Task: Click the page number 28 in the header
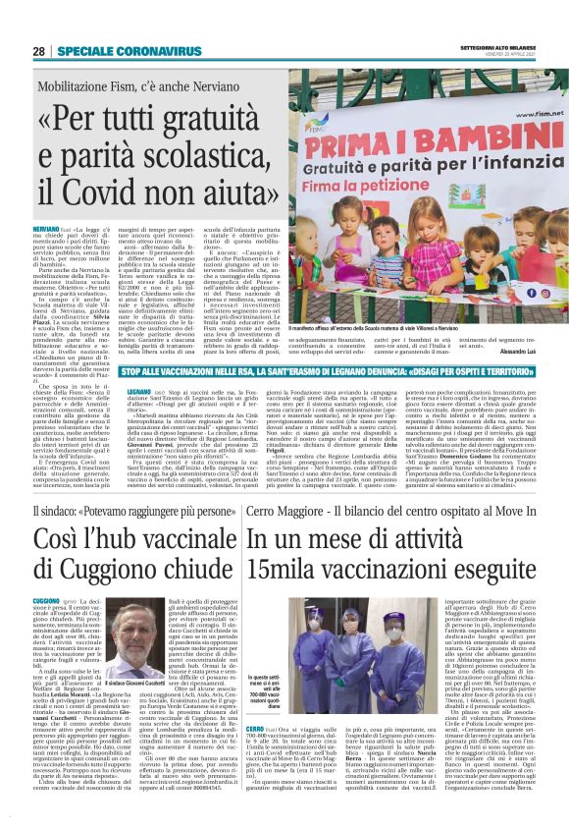pyautogui.click(x=39, y=51)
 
